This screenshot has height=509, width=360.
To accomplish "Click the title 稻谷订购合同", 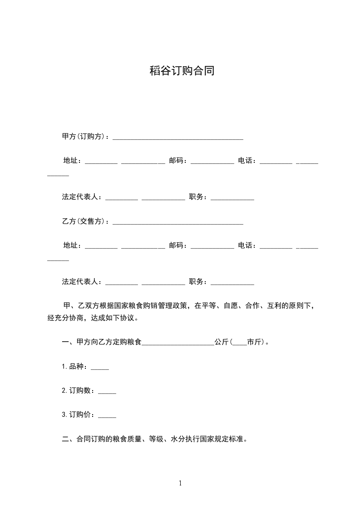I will (182, 71).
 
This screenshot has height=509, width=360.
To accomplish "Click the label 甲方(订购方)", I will (84, 137).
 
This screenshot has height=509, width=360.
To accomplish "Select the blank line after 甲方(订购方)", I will (178, 138).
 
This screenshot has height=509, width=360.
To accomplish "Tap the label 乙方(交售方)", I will (84, 222).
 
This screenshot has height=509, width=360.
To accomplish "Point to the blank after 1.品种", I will (100, 368).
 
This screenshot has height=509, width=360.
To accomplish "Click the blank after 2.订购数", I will (107, 392).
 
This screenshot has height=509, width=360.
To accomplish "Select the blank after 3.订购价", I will (107, 416).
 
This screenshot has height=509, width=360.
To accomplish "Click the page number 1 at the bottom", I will (180, 484).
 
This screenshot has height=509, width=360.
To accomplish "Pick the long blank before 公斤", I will (178, 344).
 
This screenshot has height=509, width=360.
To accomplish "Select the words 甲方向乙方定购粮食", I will (109, 343).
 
